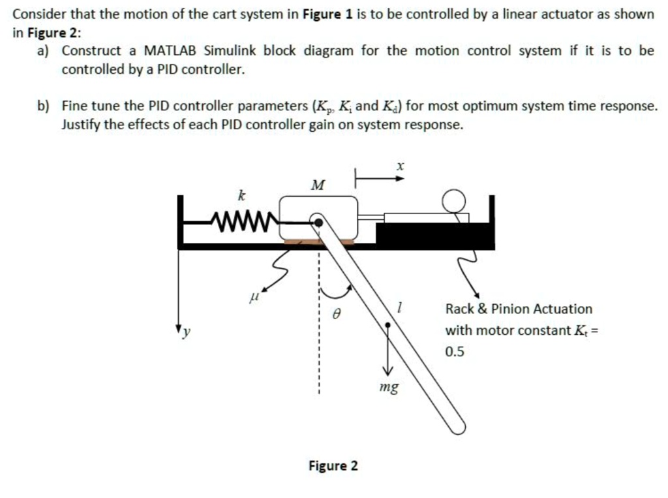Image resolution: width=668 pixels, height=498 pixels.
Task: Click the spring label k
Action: (241, 195)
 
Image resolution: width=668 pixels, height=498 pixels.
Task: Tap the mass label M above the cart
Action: (318, 185)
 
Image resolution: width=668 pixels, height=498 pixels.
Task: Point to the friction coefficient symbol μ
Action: (255, 298)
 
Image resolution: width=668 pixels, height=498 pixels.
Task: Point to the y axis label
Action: (186, 332)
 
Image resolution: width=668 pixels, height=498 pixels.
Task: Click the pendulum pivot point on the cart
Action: (318, 222)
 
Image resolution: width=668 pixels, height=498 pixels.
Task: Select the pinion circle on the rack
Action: (454, 200)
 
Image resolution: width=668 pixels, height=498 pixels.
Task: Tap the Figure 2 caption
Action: (333, 466)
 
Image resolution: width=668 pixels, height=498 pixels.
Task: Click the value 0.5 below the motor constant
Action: (455, 352)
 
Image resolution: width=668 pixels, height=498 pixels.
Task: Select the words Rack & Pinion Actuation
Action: (519, 309)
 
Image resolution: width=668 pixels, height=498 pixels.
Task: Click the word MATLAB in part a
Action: (171, 51)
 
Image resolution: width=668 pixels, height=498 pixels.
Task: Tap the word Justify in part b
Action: (80, 124)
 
